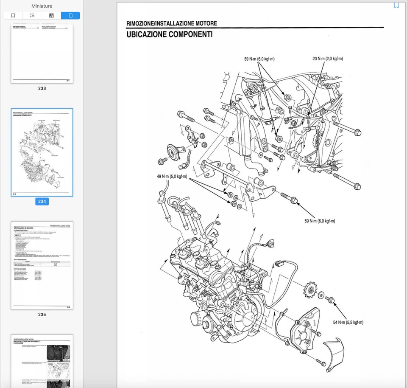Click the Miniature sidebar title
click(x=42, y=6)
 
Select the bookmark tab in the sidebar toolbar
click(x=13, y=16)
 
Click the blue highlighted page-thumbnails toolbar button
click(x=70, y=16)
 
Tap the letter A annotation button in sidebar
click(x=51, y=16)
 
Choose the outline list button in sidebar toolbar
click(x=32, y=16)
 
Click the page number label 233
click(x=42, y=88)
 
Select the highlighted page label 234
click(x=42, y=201)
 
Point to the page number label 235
click(x=42, y=315)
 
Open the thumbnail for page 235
click(x=42, y=265)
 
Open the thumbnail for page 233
click(x=42, y=53)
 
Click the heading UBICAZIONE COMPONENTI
click(x=170, y=34)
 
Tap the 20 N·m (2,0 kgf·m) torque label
click(x=327, y=59)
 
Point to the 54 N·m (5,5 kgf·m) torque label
click(x=348, y=322)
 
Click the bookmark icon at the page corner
click(x=396, y=6)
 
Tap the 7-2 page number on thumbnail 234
click(x=14, y=194)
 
